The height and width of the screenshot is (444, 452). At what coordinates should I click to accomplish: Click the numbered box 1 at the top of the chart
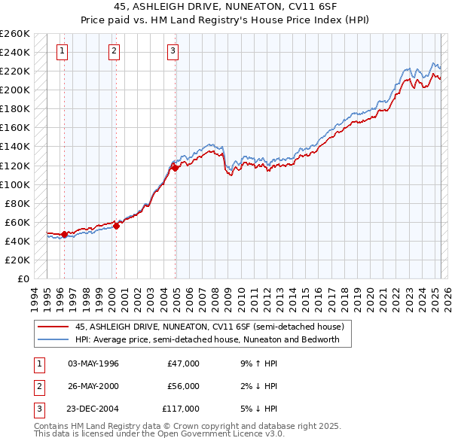pyautogui.click(x=61, y=51)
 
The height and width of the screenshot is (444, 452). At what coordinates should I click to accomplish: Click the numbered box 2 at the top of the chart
pyautogui.click(x=114, y=51)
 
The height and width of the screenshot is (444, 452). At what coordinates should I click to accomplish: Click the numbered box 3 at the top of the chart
pyautogui.click(x=173, y=51)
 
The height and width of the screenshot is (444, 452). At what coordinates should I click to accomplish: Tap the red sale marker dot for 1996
pyautogui.click(x=64, y=234)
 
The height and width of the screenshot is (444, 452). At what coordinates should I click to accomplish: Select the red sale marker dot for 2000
pyautogui.click(x=117, y=225)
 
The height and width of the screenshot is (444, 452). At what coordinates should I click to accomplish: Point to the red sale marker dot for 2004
pyautogui.click(x=176, y=168)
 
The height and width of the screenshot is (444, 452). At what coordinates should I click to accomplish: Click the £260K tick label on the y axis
pyautogui.click(x=15, y=34)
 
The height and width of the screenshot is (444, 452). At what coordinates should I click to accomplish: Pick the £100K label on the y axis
pyautogui.click(x=15, y=184)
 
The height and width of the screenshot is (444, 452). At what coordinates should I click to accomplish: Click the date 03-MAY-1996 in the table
pyautogui.click(x=93, y=363)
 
